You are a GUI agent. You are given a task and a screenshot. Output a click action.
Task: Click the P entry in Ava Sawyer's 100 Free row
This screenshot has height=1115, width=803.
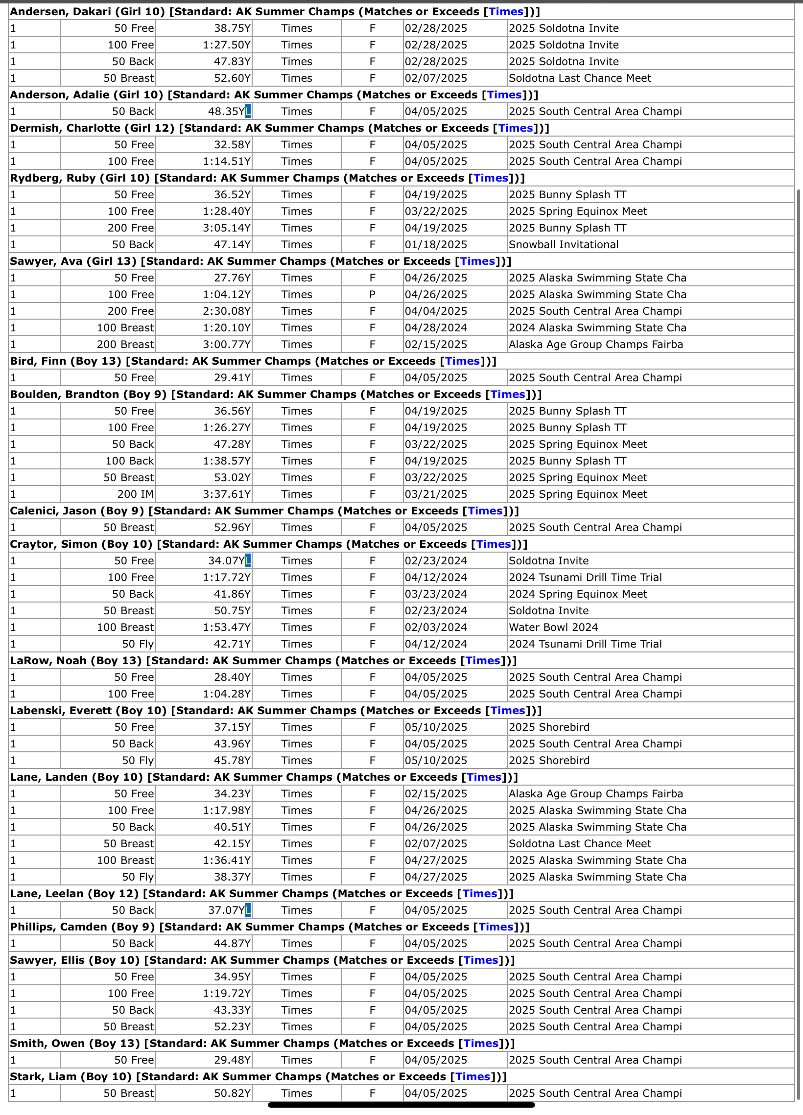(372, 295)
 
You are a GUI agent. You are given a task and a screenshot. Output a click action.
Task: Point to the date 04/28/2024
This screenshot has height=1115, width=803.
(436, 328)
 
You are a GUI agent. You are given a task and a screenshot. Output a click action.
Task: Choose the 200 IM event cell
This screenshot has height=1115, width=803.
(135, 494)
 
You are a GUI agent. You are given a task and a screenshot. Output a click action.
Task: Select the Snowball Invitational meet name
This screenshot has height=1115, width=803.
(564, 245)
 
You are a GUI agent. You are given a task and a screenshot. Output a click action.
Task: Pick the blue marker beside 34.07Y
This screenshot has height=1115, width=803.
(248, 560)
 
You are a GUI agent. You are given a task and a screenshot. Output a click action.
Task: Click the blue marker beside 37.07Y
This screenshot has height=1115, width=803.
(248, 910)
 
